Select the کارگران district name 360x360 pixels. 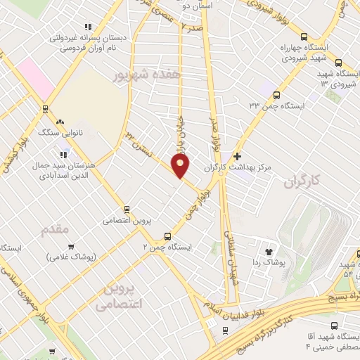pos(302,182)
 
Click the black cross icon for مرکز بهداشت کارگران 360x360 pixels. pos(238,156)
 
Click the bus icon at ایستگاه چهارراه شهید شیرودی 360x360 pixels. pos(304,37)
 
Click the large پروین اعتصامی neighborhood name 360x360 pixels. pos(118,297)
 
